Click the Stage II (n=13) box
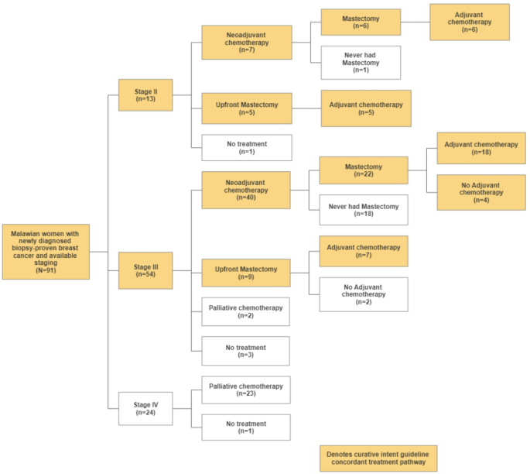(145, 94)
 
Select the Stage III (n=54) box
(145, 270)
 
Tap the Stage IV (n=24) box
(145, 407)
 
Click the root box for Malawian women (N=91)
(46, 251)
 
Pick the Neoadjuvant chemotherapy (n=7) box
(247, 43)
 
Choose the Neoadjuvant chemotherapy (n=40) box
(247, 190)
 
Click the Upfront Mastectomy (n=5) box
(247, 108)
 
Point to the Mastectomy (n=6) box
(361, 22)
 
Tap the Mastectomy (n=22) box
(363, 170)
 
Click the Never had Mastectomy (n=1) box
(361, 62)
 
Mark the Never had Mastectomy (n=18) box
(363, 210)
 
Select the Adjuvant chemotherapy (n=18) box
(477, 148)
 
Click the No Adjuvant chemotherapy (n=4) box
(477, 191)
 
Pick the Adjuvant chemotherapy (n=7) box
(363, 252)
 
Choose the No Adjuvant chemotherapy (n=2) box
(363, 294)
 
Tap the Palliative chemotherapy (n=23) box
(245, 390)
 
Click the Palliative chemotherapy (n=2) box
(245, 312)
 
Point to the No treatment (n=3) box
(245, 351)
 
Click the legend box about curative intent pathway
(378, 458)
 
